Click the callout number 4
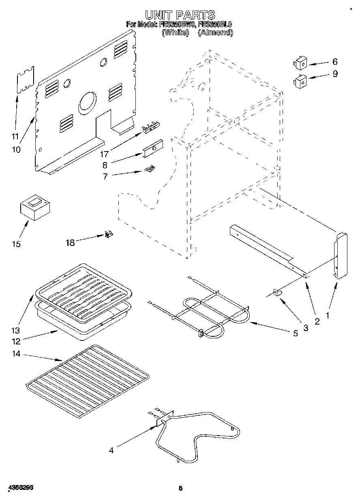(x=111, y=450)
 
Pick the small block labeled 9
(x=300, y=80)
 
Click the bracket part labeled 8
(x=152, y=149)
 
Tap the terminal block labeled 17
(x=150, y=128)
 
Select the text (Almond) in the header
(x=215, y=32)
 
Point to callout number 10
(x=16, y=149)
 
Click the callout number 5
(x=296, y=333)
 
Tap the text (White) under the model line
(x=175, y=32)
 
